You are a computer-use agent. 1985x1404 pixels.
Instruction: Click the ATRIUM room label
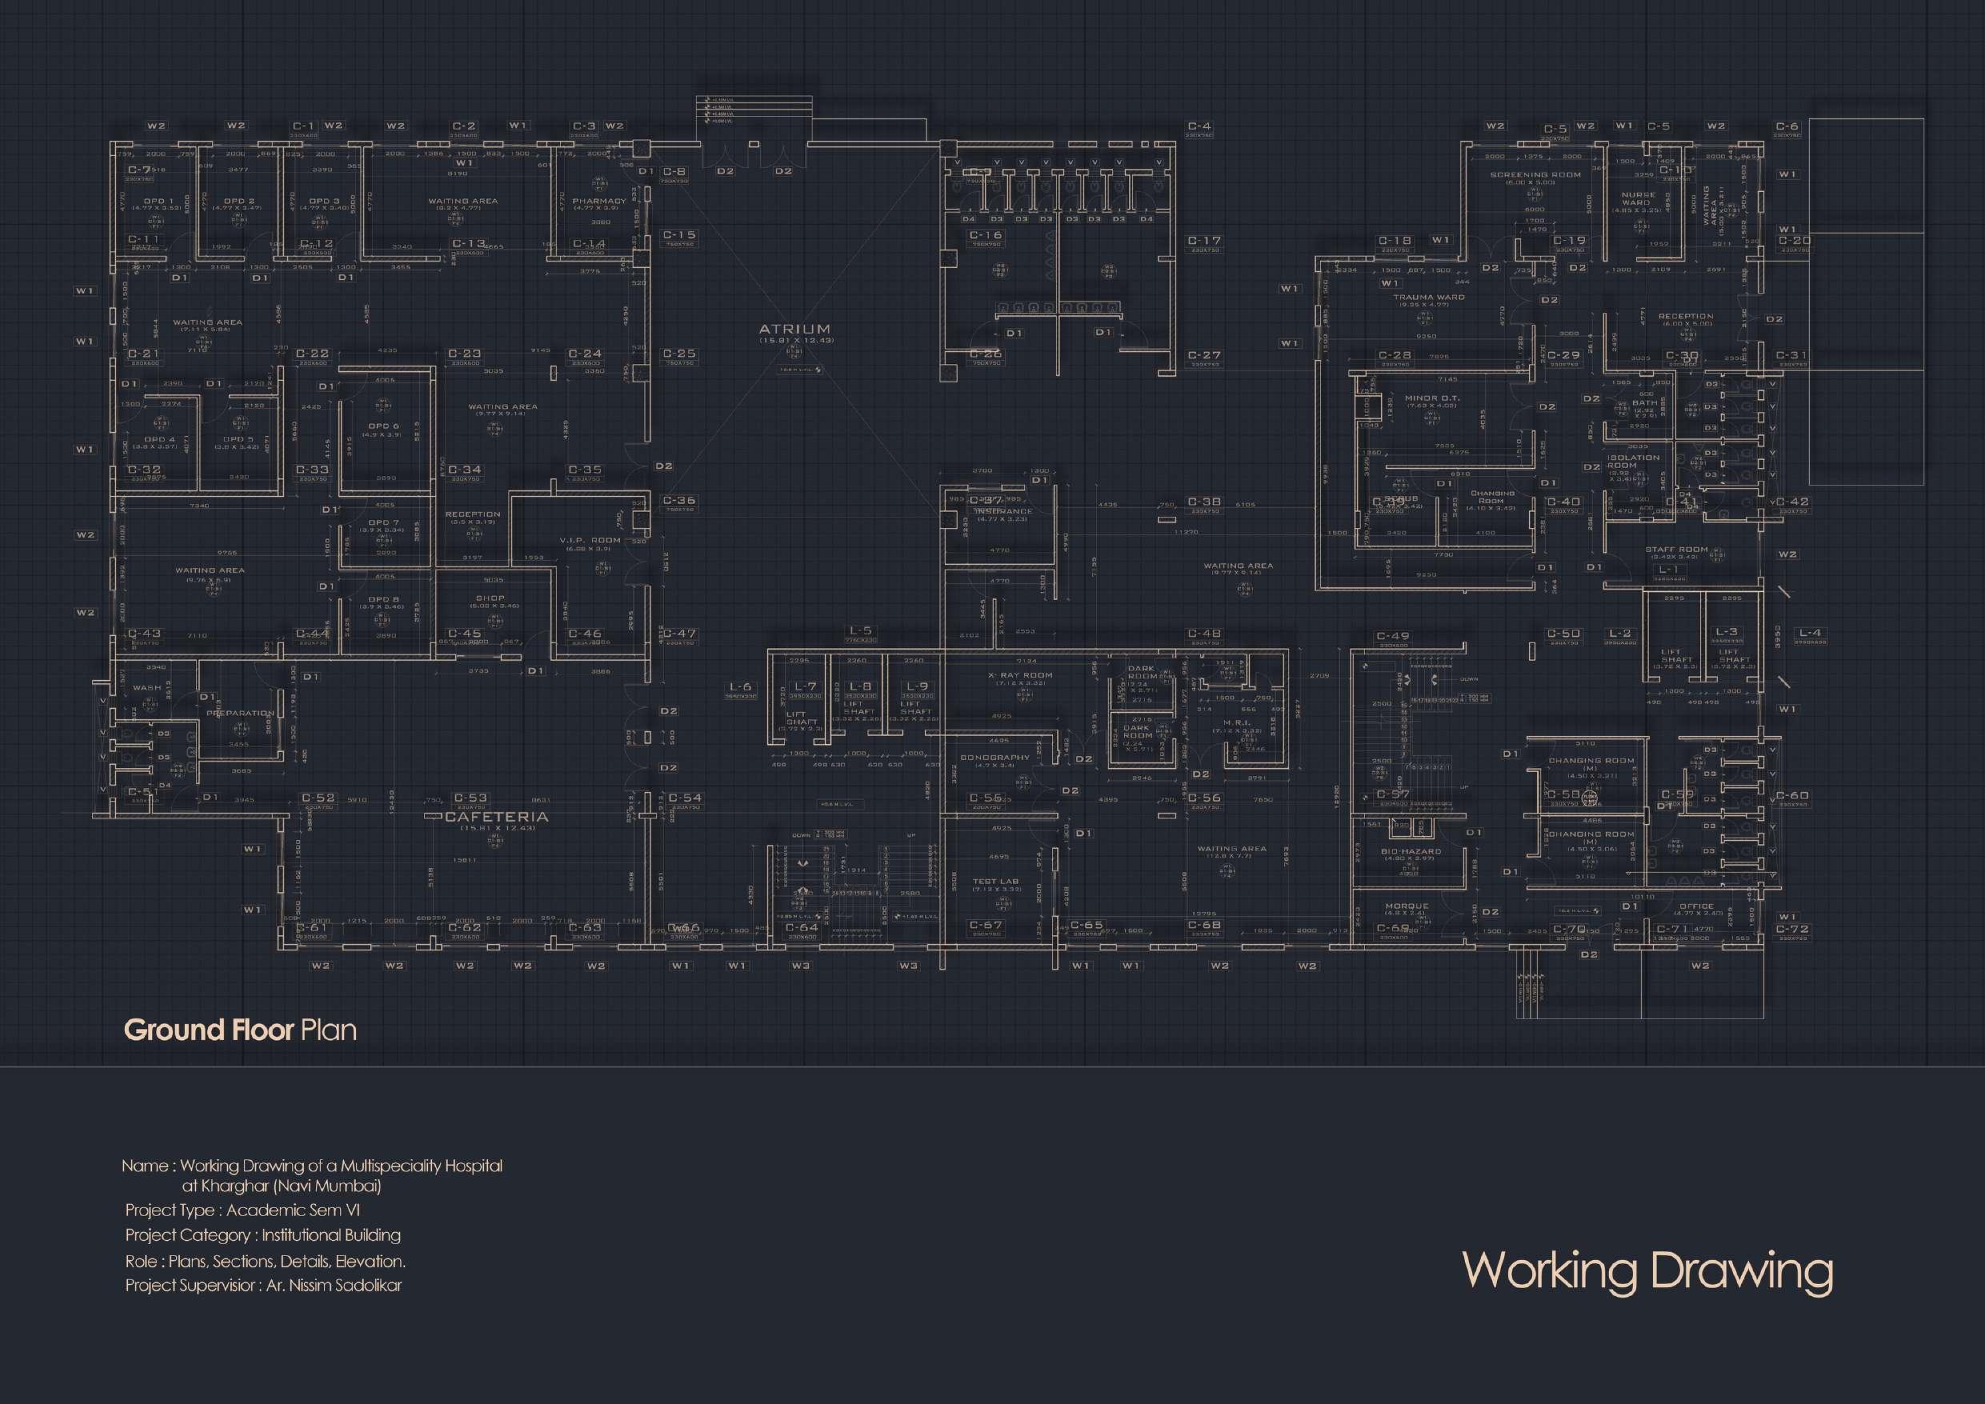point(794,330)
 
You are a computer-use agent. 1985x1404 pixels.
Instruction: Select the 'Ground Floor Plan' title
point(240,1030)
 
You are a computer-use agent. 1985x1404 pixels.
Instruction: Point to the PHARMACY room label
point(599,202)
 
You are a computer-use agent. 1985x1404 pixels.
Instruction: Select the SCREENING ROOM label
point(1535,174)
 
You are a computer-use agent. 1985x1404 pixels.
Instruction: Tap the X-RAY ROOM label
point(1021,675)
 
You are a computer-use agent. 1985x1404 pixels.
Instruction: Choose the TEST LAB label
point(996,882)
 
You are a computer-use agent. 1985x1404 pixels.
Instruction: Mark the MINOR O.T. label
point(1431,398)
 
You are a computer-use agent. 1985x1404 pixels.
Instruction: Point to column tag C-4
point(1200,126)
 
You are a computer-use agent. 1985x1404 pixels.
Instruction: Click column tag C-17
point(1204,240)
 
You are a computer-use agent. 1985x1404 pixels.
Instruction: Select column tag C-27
point(1204,355)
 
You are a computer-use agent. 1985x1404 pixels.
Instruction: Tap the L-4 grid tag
point(1810,633)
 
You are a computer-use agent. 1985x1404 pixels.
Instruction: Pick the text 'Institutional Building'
point(331,1235)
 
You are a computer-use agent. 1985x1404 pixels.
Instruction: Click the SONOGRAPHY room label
point(995,758)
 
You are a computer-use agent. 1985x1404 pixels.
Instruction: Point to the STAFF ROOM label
point(1676,549)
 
